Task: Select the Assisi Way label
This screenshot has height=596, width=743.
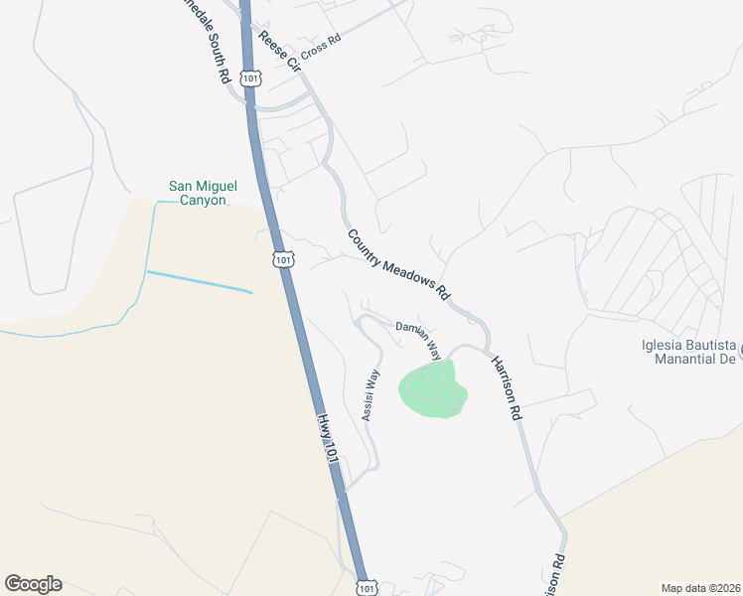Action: (x=371, y=395)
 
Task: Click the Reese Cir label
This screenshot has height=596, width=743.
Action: (x=279, y=51)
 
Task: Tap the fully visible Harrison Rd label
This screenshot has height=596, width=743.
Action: (x=506, y=388)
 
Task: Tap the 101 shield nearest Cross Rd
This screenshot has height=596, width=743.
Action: (x=250, y=77)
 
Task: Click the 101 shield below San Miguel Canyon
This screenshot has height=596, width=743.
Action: (x=283, y=259)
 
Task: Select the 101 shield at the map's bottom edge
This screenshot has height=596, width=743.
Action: (x=367, y=587)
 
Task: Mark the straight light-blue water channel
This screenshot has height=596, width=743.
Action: (x=199, y=281)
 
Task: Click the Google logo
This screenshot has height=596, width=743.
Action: (x=33, y=584)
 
